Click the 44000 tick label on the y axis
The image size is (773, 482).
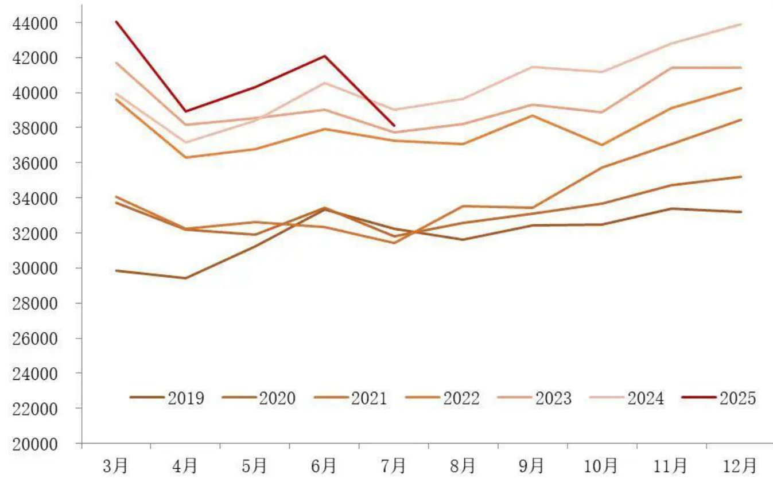[39, 23]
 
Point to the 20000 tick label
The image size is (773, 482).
[39, 444]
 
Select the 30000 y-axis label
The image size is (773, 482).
[39, 268]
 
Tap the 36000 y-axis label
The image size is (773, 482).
[39, 163]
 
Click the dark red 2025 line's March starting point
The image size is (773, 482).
[116, 22]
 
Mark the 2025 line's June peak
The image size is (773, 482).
[324, 56]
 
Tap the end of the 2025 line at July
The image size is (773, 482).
[394, 125]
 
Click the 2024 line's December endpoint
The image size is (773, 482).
[741, 24]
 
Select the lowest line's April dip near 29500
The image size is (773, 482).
[185, 278]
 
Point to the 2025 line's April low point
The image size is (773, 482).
[185, 111]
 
